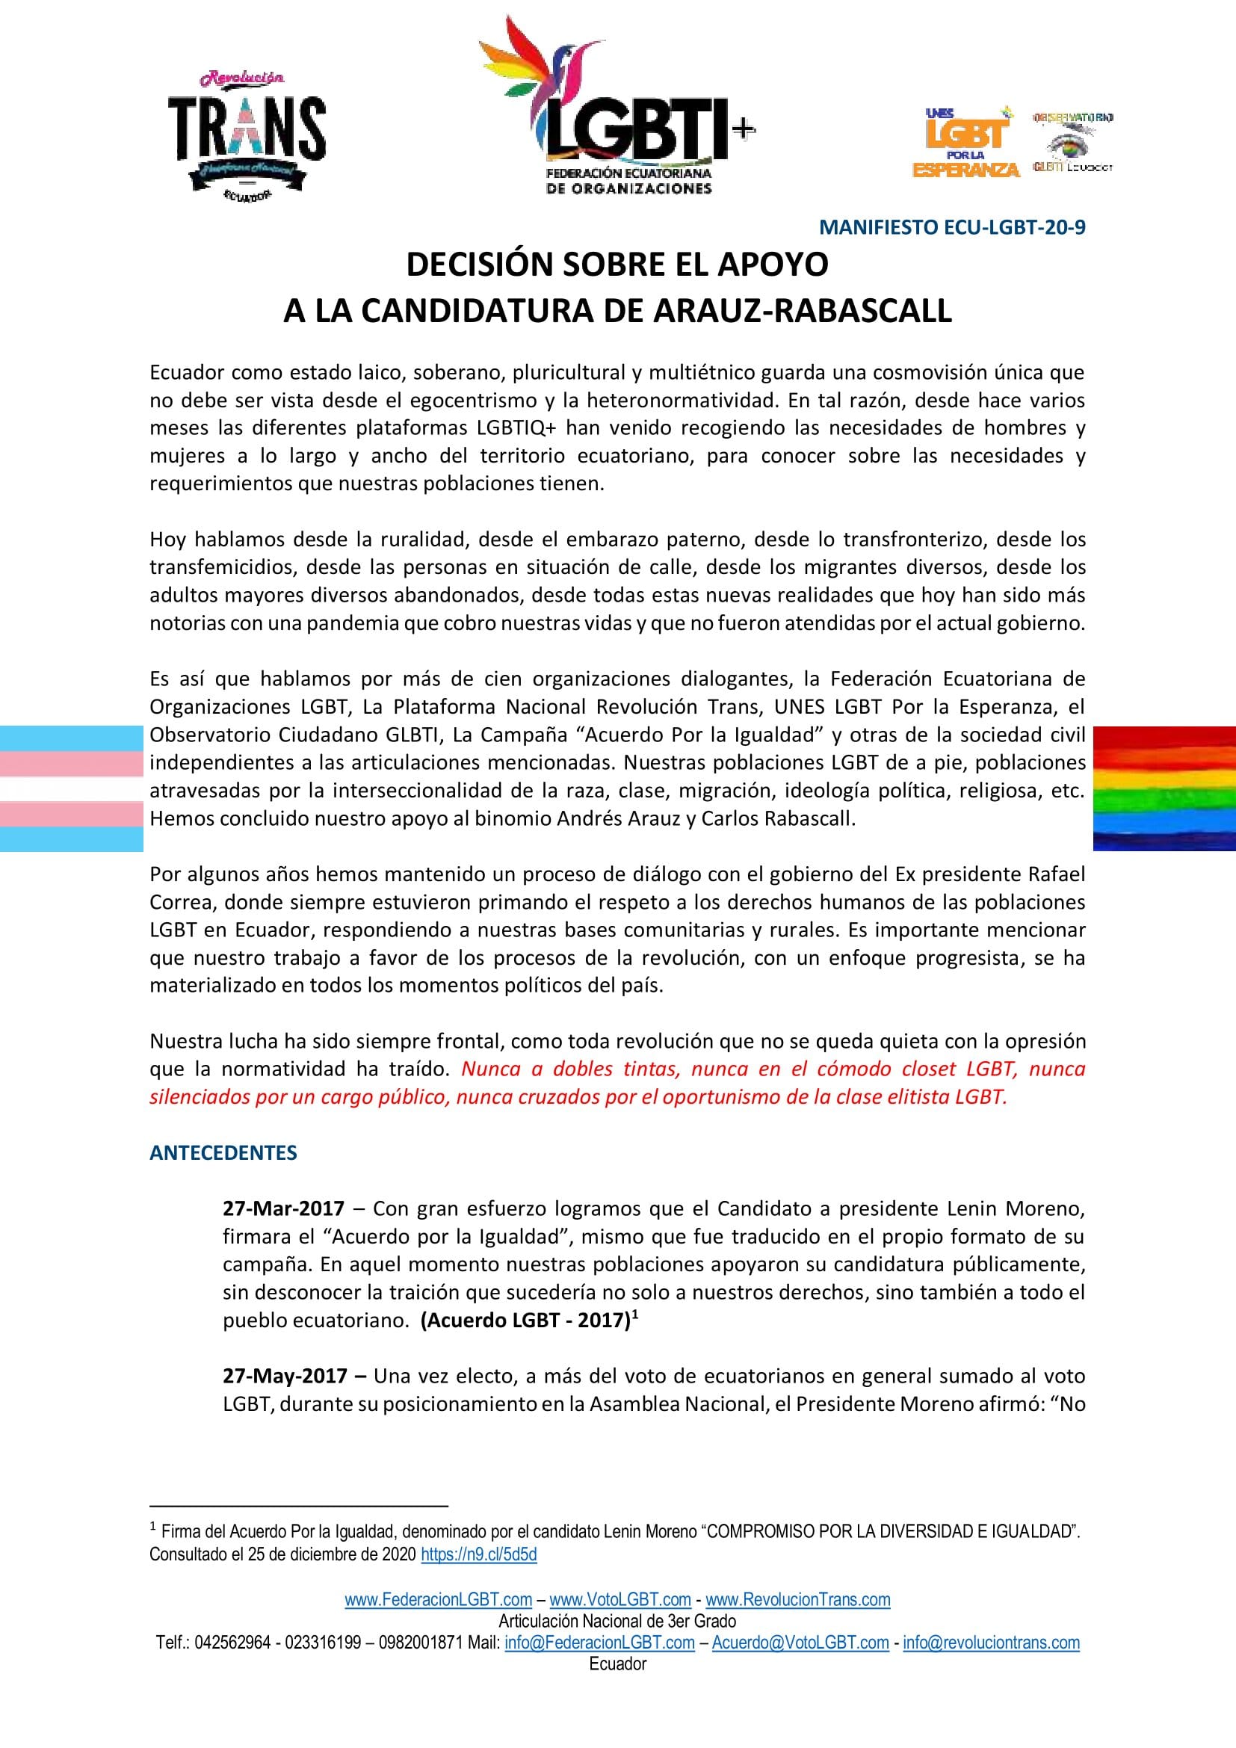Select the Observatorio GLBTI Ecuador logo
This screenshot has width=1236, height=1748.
pos(1072,143)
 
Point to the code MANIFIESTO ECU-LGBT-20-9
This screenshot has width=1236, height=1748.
pos(951,228)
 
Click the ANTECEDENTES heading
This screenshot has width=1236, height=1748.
pos(223,1152)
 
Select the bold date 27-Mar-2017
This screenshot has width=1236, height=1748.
pos(283,1209)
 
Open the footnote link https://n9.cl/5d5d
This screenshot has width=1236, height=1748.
pos(479,1554)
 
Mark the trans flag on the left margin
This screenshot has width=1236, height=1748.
pos(72,788)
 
